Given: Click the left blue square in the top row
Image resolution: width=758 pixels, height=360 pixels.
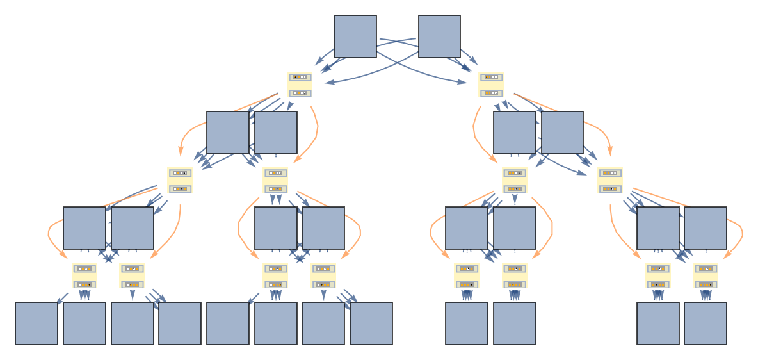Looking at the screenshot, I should [x=355, y=37].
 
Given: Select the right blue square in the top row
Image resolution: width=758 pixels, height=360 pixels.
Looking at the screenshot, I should [x=439, y=37].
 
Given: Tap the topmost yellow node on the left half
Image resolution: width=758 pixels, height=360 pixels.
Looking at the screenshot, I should [x=300, y=85].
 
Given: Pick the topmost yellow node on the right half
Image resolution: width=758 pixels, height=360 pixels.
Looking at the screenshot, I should [x=491, y=85].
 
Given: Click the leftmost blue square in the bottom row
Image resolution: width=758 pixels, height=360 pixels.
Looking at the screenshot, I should [x=36, y=323].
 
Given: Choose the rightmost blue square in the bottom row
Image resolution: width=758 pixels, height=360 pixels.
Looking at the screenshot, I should [x=706, y=323].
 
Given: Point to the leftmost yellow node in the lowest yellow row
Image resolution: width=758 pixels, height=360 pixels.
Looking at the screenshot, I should [x=84, y=275].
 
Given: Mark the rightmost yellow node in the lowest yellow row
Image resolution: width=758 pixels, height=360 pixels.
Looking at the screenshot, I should [x=706, y=275].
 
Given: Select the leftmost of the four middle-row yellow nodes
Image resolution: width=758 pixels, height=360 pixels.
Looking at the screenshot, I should [x=180, y=180].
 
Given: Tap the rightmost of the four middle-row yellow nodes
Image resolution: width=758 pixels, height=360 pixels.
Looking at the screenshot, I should [x=610, y=180].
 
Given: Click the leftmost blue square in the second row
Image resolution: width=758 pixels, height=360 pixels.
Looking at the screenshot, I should [x=228, y=133].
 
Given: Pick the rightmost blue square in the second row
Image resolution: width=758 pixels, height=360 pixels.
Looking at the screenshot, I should [x=563, y=133].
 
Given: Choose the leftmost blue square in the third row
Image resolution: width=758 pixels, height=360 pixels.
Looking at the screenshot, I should [x=85, y=228].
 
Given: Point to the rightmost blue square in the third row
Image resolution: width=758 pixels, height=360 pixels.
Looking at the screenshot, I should [x=706, y=228].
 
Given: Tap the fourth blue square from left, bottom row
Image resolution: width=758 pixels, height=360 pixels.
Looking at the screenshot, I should [x=180, y=323].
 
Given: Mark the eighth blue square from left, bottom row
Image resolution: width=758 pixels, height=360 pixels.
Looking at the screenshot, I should [x=371, y=323].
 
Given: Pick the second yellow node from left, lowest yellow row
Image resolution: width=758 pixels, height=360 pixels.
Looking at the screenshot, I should [x=132, y=275].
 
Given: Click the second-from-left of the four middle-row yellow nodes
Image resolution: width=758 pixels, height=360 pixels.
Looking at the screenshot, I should [x=275, y=180].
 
